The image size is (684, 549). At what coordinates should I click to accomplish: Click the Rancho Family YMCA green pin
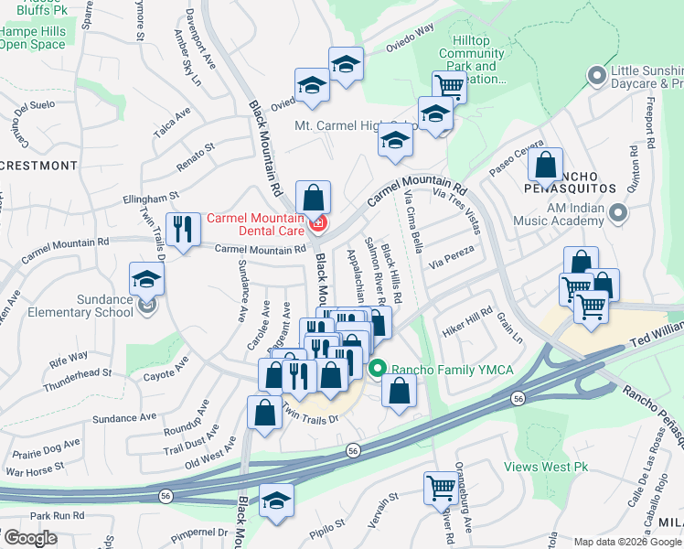coord(377,369)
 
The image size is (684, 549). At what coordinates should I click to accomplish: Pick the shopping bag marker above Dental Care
coord(313,197)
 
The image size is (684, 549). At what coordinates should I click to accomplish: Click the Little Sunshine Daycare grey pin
coord(597,76)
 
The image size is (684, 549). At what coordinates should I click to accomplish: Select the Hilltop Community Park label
coord(471,66)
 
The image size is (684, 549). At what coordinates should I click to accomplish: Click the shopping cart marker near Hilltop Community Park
coord(449,88)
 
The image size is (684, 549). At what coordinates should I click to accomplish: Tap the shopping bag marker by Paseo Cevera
coord(545,167)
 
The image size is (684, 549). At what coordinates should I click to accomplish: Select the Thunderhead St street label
coord(80,374)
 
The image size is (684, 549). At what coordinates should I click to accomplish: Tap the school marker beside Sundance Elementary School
coord(145,280)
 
